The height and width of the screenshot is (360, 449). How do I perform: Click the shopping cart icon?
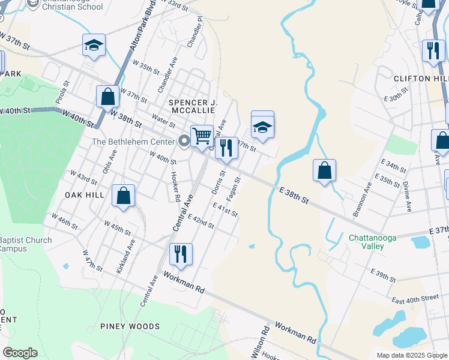202,136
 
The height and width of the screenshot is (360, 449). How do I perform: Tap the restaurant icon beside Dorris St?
226,146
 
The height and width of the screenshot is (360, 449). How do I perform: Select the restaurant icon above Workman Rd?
181,254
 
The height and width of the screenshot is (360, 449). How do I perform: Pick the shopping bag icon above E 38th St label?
324,170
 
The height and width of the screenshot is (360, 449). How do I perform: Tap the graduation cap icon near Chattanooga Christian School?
94,45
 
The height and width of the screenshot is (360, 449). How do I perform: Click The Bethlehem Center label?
133,142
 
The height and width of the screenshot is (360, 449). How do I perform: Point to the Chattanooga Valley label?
373,242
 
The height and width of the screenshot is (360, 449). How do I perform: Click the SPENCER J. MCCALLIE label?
193,106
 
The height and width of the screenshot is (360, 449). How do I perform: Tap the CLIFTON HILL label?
421,79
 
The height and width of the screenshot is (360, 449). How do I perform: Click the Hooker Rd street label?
175,187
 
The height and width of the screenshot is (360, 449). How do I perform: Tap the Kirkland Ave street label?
127,258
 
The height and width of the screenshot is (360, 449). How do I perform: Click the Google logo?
20,353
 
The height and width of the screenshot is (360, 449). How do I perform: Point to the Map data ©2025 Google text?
411,355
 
